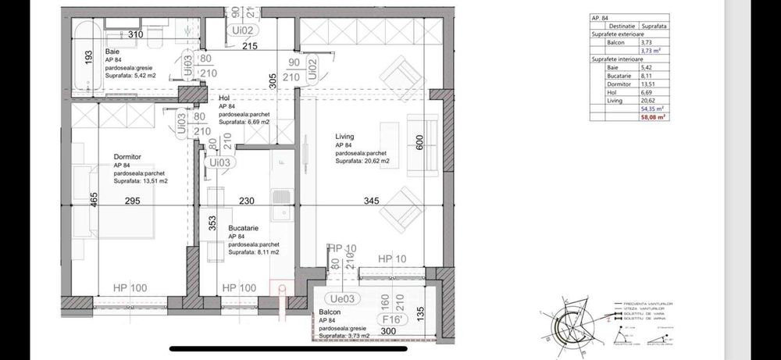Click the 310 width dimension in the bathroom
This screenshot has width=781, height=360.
(136, 35)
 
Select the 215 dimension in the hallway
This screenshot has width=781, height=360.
(248, 48)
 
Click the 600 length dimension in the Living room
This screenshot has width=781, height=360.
(419, 142)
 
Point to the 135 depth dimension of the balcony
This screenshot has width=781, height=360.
(419, 315)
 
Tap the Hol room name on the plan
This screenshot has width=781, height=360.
(224, 98)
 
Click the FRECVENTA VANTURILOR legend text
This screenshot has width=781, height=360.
(644, 303)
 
